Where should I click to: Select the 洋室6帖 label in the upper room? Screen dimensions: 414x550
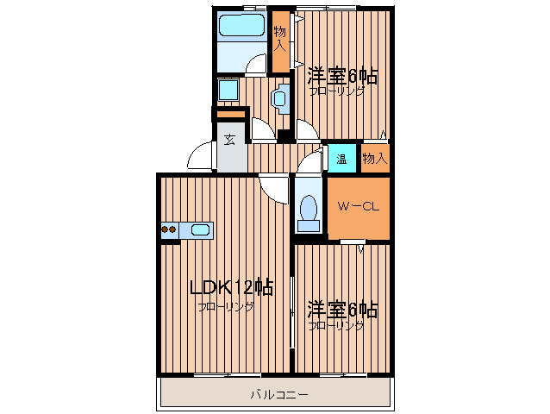[x=342, y=76]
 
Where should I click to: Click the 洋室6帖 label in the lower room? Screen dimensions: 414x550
[x=342, y=309]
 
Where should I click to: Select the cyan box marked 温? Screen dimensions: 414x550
[x=341, y=159]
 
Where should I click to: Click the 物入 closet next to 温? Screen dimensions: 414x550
[x=375, y=159]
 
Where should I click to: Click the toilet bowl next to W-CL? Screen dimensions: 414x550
[x=307, y=210]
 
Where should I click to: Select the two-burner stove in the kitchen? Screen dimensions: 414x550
[x=169, y=229]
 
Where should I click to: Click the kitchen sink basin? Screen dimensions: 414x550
[x=199, y=229]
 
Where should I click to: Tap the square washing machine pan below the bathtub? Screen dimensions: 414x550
[x=228, y=91]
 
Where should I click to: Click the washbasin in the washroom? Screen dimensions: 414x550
[x=279, y=98]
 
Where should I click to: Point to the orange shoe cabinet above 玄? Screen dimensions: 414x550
[x=229, y=115]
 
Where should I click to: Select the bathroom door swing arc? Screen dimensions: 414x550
[x=257, y=65]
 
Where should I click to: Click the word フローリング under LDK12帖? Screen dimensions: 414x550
[x=226, y=307]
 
